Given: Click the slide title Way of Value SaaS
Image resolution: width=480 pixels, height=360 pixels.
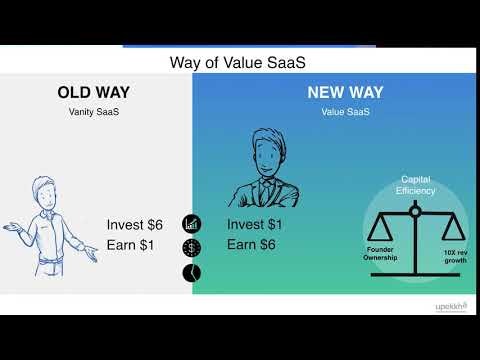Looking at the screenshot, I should pos(239,63).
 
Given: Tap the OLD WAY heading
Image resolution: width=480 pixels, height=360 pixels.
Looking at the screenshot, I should pos(95,94).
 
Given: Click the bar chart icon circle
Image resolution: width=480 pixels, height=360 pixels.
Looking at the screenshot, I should pos(191,224).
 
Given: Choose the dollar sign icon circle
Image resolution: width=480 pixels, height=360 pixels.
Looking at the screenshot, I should pos(191,248).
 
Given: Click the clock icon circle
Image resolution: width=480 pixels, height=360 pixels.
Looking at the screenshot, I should pos(191,272).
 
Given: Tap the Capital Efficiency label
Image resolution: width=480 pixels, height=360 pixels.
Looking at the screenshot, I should pos(414,184).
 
